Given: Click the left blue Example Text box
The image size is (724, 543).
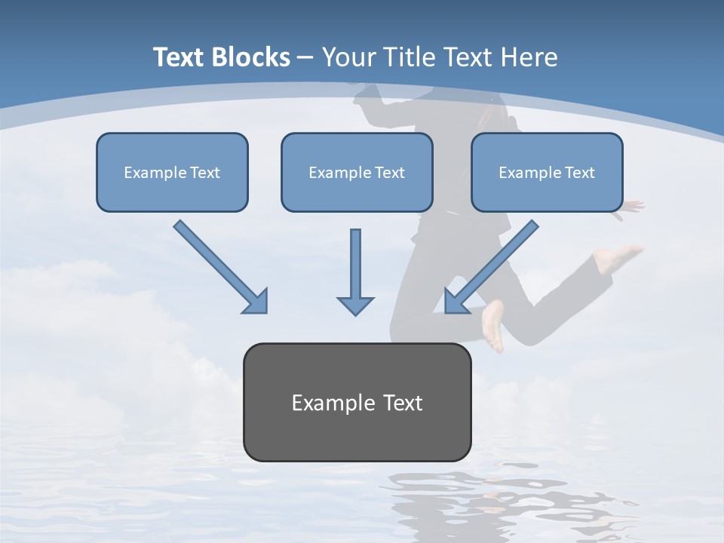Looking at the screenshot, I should (x=172, y=172).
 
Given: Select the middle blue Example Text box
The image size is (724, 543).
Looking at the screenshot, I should (x=357, y=172).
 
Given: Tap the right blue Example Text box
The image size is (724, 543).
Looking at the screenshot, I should (x=547, y=172).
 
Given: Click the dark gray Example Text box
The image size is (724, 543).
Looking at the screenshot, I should (x=357, y=402).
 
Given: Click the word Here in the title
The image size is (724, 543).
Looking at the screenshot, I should (x=530, y=57).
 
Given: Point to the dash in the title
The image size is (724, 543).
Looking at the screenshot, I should (x=306, y=57).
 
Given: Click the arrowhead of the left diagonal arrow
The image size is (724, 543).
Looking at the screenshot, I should (x=256, y=302).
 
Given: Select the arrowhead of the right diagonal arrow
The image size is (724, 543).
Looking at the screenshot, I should (x=456, y=302).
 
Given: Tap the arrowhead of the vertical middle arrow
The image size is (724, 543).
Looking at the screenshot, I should (x=355, y=305).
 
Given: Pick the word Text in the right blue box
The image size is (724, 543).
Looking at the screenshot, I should (x=579, y=172).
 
